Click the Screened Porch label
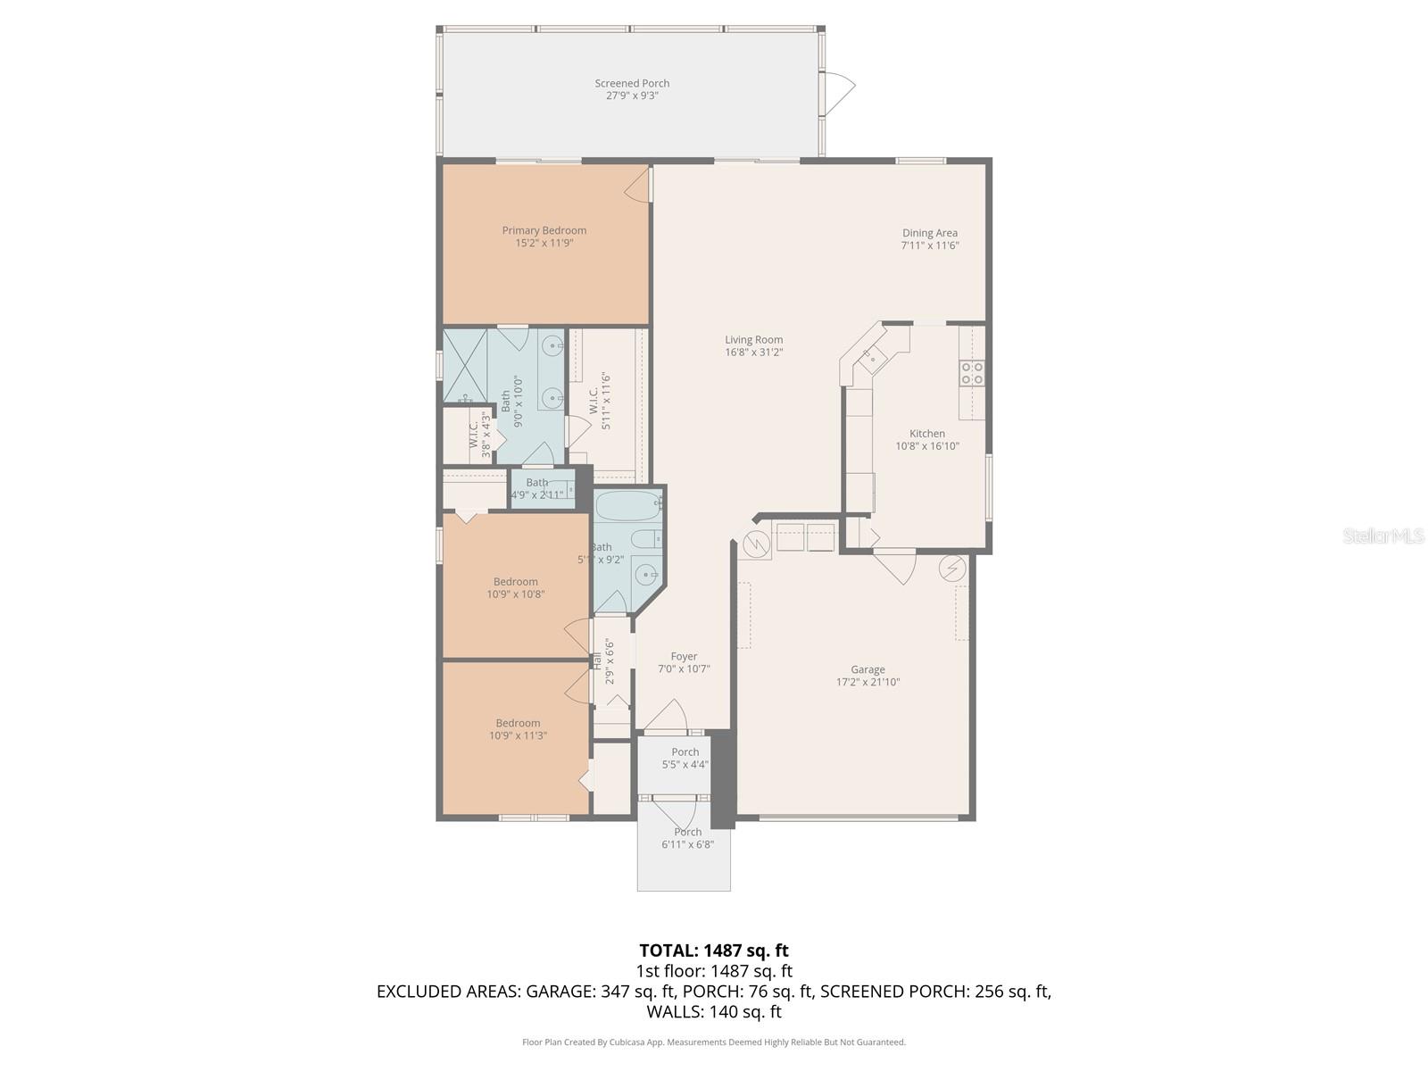[x=632, y=83]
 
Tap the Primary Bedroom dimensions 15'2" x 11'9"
[x=544, y=243]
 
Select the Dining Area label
[x=929, y=233]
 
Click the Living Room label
[x=753, y=339]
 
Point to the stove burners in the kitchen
[x=972, y=373]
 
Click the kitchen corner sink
[x=869, y=357]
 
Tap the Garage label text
[x=868, y=669]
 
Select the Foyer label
[x=684, y=656]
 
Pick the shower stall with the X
[x=465, y=366]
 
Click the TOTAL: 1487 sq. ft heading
[x=713, y=951]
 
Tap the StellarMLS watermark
[x=1382, y=535]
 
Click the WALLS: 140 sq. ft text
[x=713, y=1012]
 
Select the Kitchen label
[x=926, y=434]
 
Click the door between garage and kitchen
[x=895, y=567]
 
